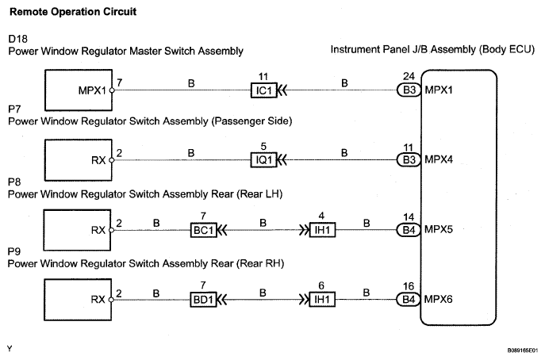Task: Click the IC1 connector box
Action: (x=264, y=90)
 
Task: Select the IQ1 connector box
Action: (x=264, y=160)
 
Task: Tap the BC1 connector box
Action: (x=204, y=230)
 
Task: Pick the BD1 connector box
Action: (x=203, y=300)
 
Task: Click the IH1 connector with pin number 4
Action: (x=322, y=230)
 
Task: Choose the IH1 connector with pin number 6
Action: (x=322, y=300)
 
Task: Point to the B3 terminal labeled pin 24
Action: (x=409, y=90)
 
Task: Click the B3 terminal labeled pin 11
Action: (x=409, y=159)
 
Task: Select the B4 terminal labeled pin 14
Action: (x=409, y=230)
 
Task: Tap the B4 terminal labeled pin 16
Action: (x=409, y=299)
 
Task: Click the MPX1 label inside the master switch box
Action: (x=92, y=90)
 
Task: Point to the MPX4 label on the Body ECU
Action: (x=439, y=159)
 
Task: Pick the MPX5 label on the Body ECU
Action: (x=439, y=229)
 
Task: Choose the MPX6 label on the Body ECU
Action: (x=438, y=299)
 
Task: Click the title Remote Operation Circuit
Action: (x=73, y=12)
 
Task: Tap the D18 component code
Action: (x=17, y=39)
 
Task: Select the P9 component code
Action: (x=14, y=251)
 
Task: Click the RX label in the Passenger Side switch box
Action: (x=98, y=160)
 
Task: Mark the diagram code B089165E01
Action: (x=522, y=350)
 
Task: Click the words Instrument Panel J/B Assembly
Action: (x=403, y=49)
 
